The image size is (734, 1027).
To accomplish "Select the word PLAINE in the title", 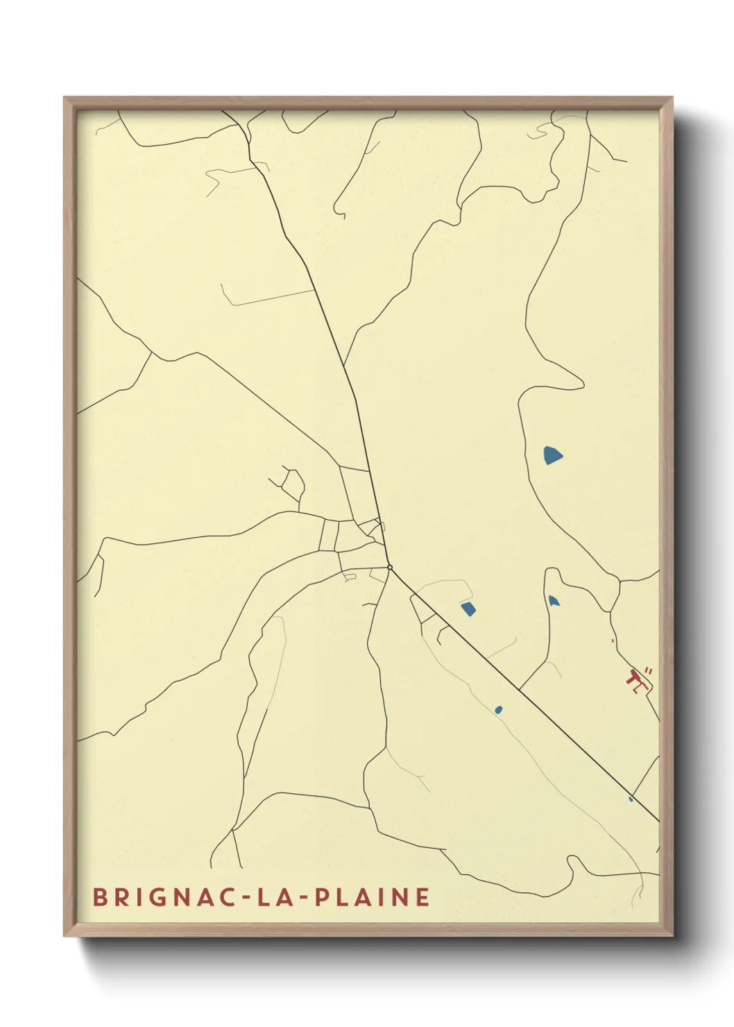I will (x=373, y=897).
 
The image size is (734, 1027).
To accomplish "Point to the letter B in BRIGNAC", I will (x=100, y=897).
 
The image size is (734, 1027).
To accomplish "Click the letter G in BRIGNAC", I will (x=166, y=897).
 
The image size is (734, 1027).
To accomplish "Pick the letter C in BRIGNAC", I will (x=231, y=897).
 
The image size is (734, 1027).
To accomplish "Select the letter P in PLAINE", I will (x=322, y=897).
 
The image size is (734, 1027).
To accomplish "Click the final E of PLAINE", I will (x=423, y=897).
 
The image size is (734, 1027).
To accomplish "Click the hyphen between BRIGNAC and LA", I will (x=248, y=897).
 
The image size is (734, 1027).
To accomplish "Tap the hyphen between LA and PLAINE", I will (x=301, y=897).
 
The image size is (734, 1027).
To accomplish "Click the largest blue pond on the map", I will (x=552, y=455).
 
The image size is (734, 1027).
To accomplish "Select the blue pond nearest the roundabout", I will (x=468, y=609).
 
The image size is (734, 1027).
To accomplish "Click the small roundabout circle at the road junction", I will (x=390, y=568).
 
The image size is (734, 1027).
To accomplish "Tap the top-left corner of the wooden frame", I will (x=65, y=98).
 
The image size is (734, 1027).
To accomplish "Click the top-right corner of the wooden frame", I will (x=672, y=98).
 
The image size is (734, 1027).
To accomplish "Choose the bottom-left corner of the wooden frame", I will (x=65, y=935).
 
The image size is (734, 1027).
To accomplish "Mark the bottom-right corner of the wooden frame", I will (x=672, y=935).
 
